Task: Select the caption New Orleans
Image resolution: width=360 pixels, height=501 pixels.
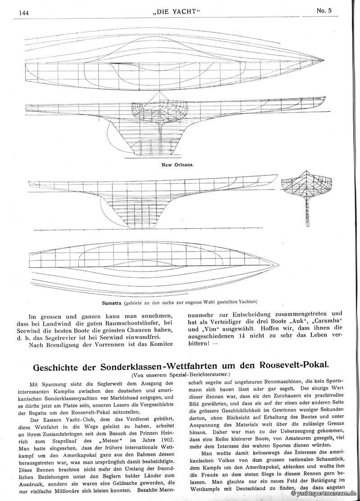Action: click(x=177, y=165)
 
